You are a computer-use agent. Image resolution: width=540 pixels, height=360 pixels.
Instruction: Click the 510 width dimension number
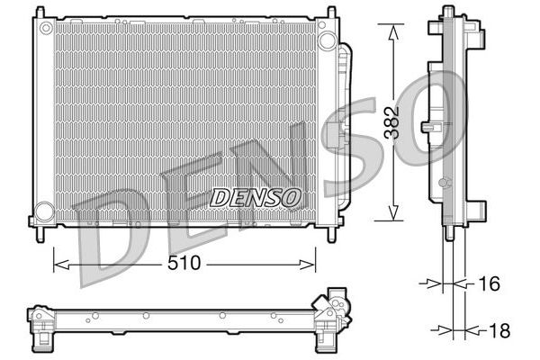coord(184,264)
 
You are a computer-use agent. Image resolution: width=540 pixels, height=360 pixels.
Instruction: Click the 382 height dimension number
coord(392,123)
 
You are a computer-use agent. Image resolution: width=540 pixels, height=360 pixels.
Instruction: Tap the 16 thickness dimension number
coord(489,283)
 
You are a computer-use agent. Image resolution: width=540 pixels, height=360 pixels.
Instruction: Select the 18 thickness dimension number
coord(499,330)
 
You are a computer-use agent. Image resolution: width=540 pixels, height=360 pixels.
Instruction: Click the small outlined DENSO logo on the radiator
coord(256,198)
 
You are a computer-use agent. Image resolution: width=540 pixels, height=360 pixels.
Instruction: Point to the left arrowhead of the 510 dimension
coord(61,265)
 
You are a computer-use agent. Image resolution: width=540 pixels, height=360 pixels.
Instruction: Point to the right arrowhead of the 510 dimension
coord(307,265)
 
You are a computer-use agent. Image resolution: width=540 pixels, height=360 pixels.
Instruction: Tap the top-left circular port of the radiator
coord(46,28)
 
